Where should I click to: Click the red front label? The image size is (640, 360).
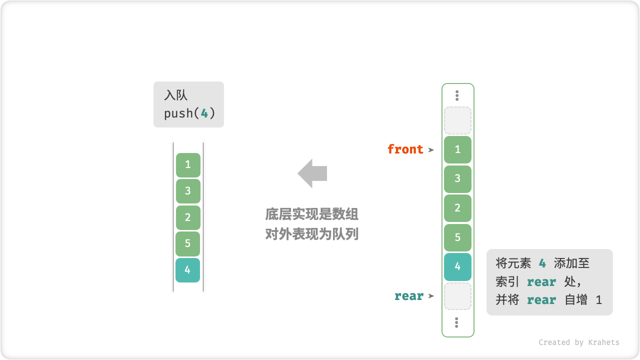click(405, 149)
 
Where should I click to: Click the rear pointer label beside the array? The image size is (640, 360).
click(408, 296)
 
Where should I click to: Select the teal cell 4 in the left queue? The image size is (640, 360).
click(187, 270)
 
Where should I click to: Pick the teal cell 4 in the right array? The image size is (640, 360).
click(457, 266)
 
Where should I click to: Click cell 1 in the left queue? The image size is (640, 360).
click(188, 164)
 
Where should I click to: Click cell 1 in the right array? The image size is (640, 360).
click(457, 149)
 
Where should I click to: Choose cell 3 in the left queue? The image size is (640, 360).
click(188, 191)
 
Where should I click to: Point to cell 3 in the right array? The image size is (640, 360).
click(457, 178)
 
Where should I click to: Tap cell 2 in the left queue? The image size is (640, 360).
click(188, 217)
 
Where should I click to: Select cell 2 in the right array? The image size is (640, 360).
click(457, 208)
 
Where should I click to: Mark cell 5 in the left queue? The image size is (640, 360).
click(188, 243)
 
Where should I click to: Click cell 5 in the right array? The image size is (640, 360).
click(457, 237)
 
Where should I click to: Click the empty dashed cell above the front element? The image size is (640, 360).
click(457, 120)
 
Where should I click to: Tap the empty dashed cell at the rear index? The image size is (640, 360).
click(457, 296)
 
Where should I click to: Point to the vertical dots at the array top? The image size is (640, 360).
click(457, 95)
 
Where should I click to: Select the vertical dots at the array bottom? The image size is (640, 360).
click(457, 322)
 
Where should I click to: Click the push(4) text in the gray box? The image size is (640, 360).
click(189, 113)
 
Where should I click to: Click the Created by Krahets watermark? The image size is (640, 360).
click(578, 342)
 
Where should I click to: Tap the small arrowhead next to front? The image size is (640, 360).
click(431, 149)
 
